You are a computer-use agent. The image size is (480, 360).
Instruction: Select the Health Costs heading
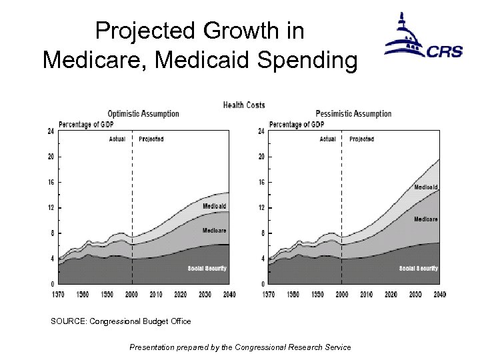[x=243, y=105]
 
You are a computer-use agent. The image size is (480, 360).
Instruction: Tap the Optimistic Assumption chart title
[x=143, y=113]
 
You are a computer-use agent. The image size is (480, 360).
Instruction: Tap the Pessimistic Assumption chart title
[x=353, y=113]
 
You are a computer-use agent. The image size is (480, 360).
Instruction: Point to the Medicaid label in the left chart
[x=215, y=206]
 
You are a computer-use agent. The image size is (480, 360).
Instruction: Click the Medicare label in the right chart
[x=425, y=219]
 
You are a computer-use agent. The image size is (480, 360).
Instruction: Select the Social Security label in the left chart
[x=207, y=269]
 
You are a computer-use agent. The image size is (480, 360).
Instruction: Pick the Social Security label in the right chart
[x=418, y=269]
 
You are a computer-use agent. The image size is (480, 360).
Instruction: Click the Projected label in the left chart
[x=151, y=139]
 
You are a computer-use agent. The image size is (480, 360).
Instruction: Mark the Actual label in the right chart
[x=327, y=139]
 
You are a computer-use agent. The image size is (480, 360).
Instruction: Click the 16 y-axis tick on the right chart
[x=261, y=182]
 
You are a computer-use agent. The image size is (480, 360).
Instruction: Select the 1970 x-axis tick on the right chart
[x=268, y=294]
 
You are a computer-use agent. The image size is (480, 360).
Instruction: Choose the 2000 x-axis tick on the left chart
[x=131, y=294]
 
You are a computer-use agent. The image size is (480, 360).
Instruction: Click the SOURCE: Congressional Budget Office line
[x=121, y=321]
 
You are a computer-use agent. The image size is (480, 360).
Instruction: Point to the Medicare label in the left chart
[x=215, y=231]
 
